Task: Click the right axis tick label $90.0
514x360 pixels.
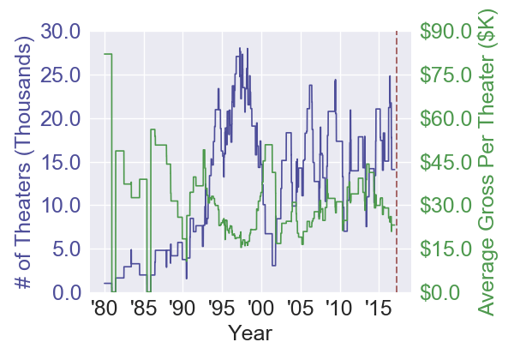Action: pos(445,31)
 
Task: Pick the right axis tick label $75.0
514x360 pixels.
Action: pos(445,75)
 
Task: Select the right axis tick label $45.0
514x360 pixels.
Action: pos(445,162)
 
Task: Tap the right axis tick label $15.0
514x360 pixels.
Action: pos(445,249)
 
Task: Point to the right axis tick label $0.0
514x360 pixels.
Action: pos(441,292)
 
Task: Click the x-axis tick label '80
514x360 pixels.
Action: pos(104,309)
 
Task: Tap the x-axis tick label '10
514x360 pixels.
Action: pos(339,309)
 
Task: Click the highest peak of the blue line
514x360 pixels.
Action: pos(240,48)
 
